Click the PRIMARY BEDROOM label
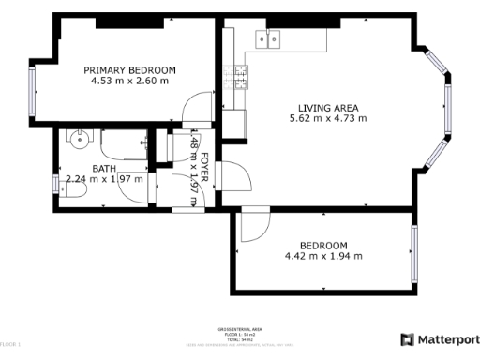coord(129,70)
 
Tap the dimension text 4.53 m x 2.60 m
coord(129,82)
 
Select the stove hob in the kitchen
coord(242,78)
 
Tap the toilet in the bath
coord(73,189)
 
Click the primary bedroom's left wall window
coord(30,92)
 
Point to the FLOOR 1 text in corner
coord(10,346)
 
